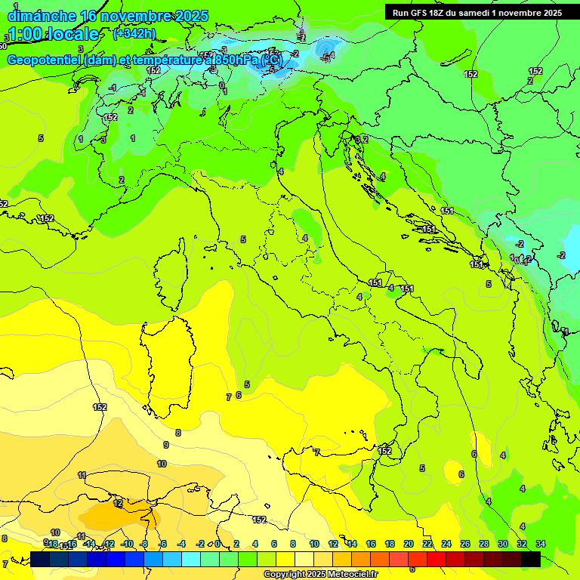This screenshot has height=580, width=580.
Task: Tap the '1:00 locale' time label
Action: pyautogui.click(x=54, y=34)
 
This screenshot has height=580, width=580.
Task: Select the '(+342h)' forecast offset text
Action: pyautogui.click(x=134, y=33)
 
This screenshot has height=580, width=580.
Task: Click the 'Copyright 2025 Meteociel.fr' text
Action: pyautogui.click(x=320, y=574)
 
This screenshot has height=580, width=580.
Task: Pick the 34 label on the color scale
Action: pyautogui.click(x=540, y=544)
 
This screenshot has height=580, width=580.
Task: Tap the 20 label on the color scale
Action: pyautogui.click(x=408, y=544)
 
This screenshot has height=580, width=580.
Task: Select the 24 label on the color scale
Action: pyautogui.click(x=446, y=544)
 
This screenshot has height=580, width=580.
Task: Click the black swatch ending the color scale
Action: pyautogui.click(x=530, y=559)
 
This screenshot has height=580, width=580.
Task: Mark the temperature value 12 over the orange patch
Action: pyautogui.click(x=118, y=502)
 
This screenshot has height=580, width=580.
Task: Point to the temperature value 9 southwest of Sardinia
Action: pyautogui.click(x=166, y=445)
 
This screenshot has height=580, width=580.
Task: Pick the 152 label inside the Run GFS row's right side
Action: pyautogui.click(x=471, y=74)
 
